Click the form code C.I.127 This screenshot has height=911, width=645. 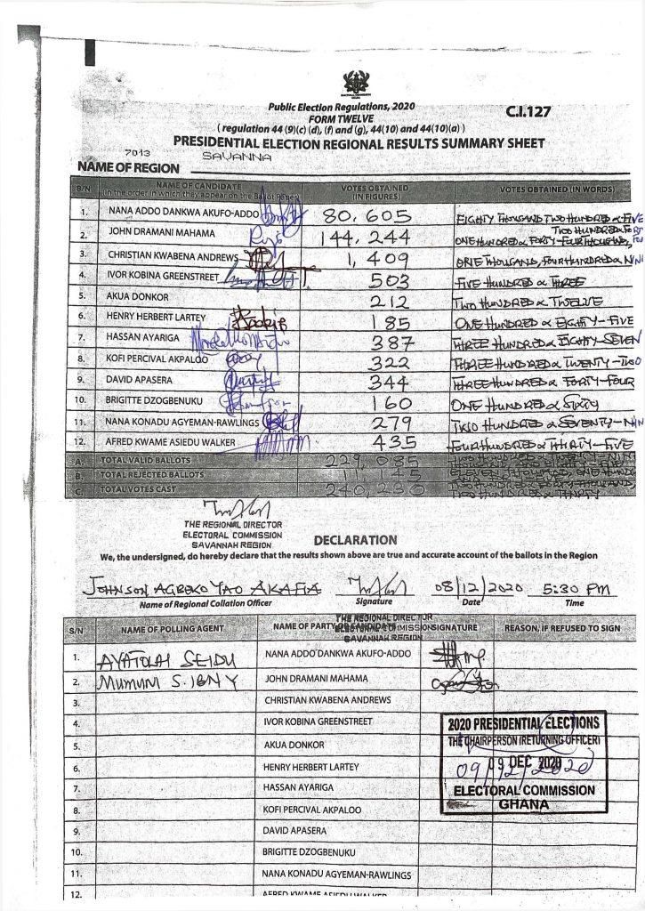[528, 111]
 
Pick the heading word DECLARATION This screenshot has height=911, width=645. [356, 540]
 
